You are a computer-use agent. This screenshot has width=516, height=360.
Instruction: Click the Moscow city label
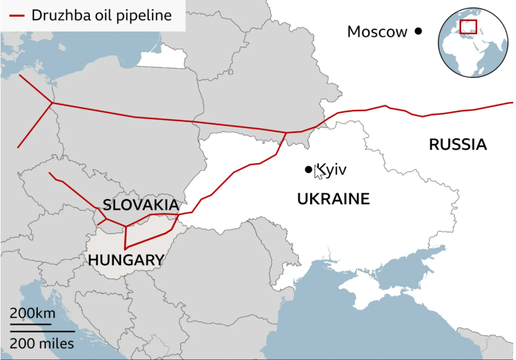point(377,32)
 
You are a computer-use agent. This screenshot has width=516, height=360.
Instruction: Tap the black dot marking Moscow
point(418,32)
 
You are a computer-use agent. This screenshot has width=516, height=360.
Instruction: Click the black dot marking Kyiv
point(308,169)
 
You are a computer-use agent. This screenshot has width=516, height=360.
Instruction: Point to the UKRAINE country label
point(333,199)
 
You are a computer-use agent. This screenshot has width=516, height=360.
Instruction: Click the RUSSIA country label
point(458,145)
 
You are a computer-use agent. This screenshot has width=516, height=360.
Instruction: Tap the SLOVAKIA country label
point(141,205)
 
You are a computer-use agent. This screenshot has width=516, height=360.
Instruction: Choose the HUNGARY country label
point(126,260)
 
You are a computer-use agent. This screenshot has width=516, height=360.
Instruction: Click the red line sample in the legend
point(16,16)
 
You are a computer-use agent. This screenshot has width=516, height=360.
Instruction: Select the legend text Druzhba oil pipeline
point(102,16)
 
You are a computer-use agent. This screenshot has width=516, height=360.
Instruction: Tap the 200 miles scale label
point(42,343)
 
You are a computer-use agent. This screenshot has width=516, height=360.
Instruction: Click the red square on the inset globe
point(468,27)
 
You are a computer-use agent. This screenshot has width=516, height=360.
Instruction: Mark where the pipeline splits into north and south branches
point(285,133)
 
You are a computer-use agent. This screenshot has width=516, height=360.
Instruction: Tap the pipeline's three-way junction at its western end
point(52,103)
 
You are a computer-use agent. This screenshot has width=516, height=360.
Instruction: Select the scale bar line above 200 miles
point(42,332)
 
